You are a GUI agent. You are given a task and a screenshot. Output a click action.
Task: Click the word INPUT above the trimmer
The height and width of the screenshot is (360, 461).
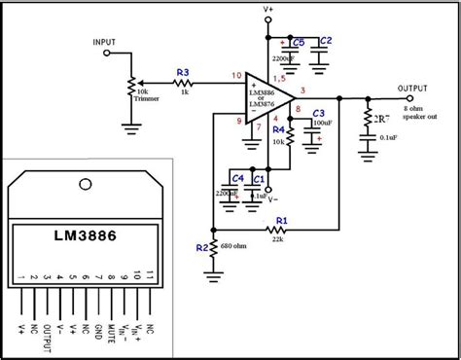click(x=105, y=43)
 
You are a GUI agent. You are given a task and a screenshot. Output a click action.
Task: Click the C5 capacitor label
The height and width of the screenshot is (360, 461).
click(x=298, y=41)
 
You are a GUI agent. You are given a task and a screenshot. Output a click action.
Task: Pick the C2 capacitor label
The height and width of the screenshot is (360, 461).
click(x=326, y=41)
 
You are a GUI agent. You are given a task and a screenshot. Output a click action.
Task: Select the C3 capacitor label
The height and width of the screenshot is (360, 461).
click(x=317, y=115)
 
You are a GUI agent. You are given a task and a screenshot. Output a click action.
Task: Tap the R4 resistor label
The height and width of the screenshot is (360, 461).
click(x=278, y=128)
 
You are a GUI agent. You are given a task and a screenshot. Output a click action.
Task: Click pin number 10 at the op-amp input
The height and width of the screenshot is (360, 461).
click(x=236, y=76)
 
